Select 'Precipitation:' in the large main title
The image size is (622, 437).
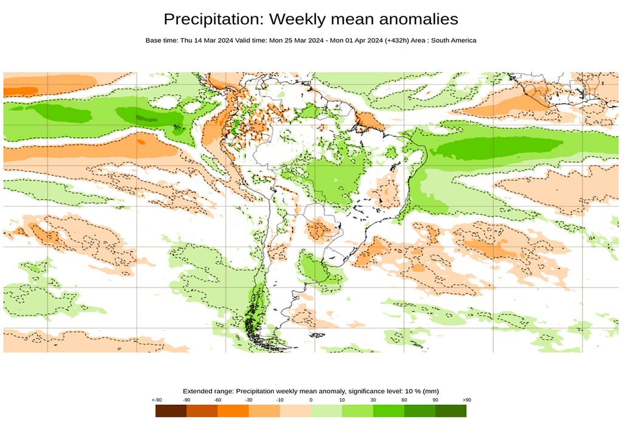coord(214,19)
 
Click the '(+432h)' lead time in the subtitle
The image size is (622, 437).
coord(399,41)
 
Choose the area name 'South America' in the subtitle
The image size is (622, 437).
coord(454,41)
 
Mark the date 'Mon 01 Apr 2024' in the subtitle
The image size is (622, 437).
coord(357,41)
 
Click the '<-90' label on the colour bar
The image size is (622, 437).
coord(157,400)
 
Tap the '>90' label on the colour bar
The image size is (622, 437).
coord(466,400)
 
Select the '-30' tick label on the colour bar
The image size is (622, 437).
coord(248,400)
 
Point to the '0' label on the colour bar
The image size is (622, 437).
coord(311,400)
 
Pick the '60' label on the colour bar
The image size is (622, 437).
coord(404,400)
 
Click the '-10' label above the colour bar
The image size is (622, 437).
coord(279,400)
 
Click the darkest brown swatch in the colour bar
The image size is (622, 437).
coord(171,411)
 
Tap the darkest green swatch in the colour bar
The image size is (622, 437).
coord(451,411)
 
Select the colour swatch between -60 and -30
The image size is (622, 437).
coord(233,411)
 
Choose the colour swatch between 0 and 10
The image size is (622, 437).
coord(326,411)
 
